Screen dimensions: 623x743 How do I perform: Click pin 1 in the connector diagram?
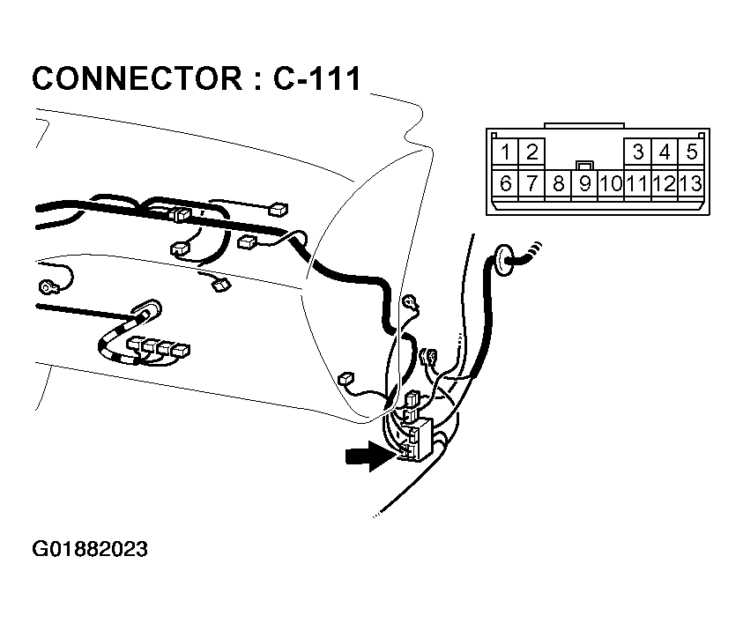506,152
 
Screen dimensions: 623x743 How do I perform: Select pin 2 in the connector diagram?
532,152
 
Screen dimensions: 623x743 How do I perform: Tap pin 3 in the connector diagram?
638,152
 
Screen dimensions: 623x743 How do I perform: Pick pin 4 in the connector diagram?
665,152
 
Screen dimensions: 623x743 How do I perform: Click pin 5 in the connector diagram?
691,152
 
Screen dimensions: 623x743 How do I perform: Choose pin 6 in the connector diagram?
506,184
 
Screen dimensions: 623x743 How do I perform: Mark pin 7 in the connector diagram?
532,184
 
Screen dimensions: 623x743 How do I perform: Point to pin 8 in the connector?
559,184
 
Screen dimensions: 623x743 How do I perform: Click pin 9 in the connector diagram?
584,184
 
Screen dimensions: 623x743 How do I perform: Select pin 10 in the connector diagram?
610,184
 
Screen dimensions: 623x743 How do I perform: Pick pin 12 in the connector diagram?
665,184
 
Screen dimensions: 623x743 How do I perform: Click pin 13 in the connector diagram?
691,184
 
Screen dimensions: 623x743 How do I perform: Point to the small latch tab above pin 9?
583,166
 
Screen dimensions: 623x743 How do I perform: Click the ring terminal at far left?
47,286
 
